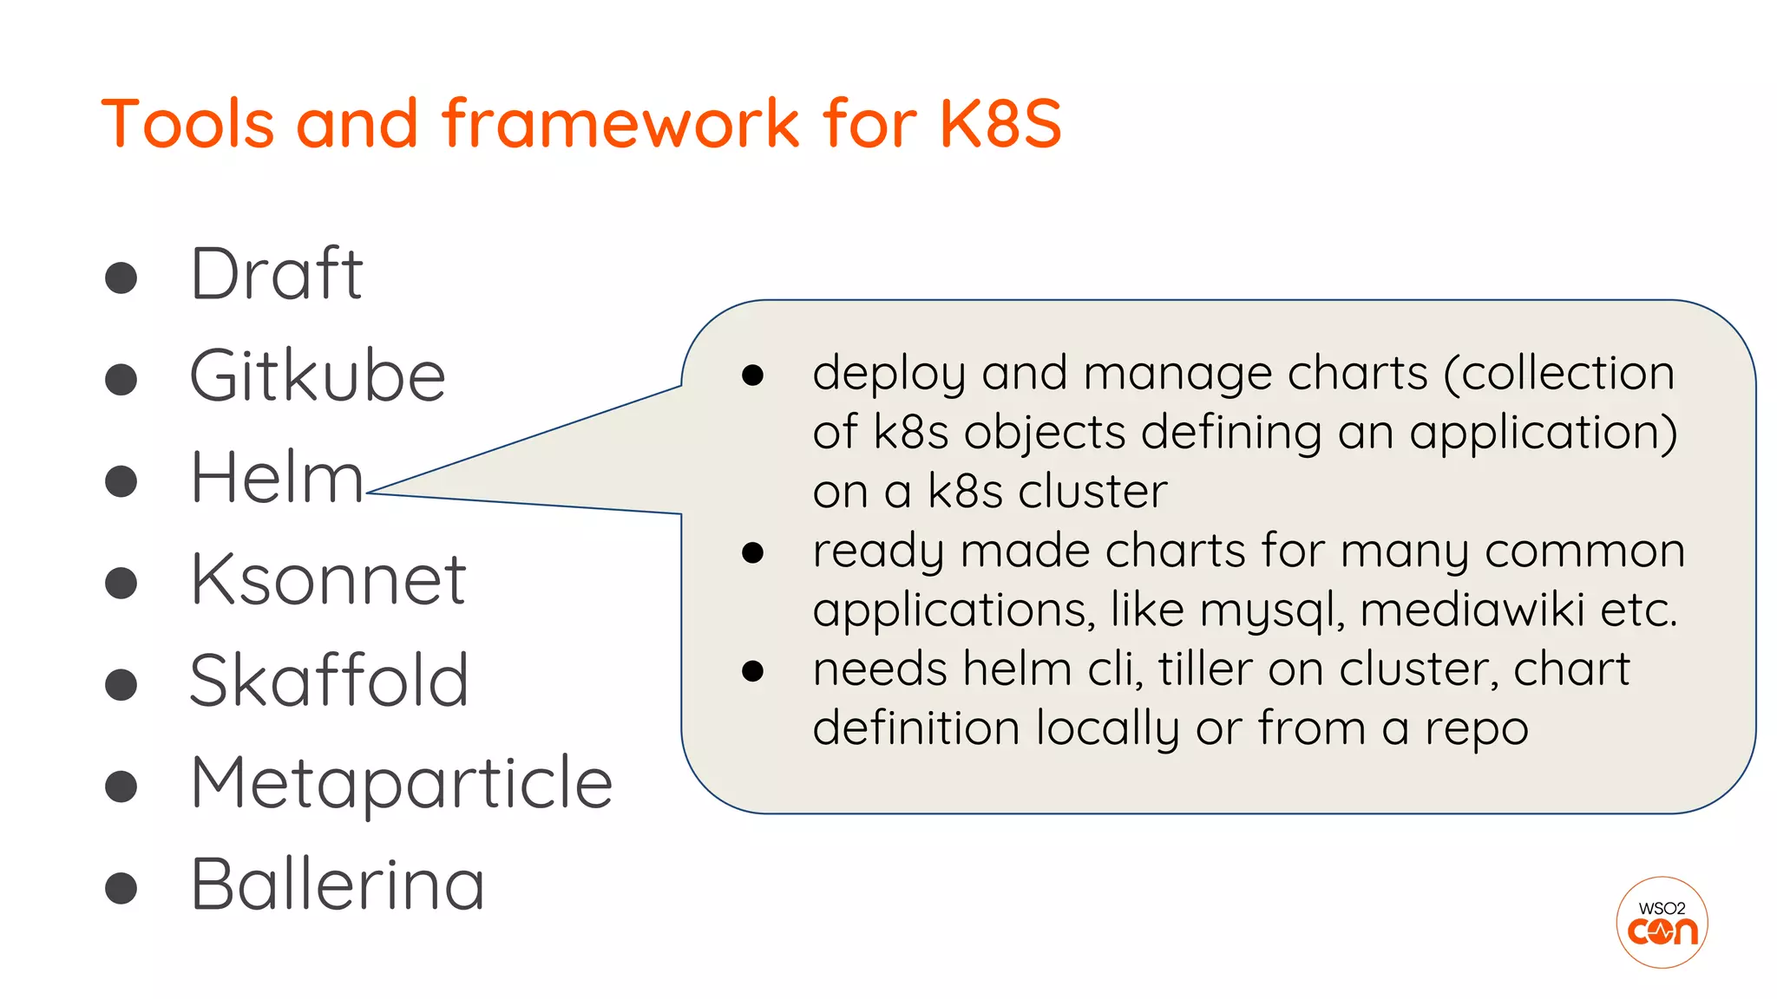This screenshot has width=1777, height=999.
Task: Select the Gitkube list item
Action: (x=318, y=376)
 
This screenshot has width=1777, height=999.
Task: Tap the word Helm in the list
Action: (x=276, y=478)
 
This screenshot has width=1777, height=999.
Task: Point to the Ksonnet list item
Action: (x=328, y=579)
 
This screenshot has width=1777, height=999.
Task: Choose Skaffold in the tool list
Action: (x=329, y=681)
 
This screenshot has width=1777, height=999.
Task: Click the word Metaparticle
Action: (x=401, y=783)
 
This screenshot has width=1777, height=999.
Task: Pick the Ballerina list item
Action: (x=337, y=885)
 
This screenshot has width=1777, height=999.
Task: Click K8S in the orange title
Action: (x=1000, y=123)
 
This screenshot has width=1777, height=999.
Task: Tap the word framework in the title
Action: (x=621, y=123)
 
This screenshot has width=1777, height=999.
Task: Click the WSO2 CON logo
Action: (x=1662, y=923)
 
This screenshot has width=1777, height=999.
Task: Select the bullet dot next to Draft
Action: (x=121, y=278)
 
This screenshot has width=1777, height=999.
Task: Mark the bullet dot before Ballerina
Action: (x=121, y=888)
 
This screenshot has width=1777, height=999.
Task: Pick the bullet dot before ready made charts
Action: (x=752, y=553)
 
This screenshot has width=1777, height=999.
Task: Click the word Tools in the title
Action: (x=187, y=123)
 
